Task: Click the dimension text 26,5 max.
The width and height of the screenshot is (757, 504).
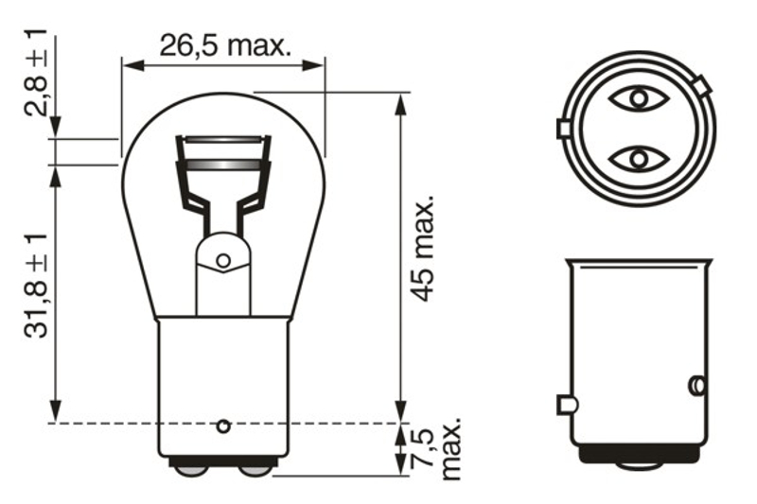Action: (x=224, y=45)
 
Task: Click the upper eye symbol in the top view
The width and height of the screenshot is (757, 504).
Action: (x=638, y=97)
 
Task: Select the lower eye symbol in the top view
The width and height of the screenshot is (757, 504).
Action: (x=638, y=158)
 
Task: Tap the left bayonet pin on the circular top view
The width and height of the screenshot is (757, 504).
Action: (x=562, y=128)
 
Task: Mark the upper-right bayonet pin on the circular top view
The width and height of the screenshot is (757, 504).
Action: (x=701, y=88)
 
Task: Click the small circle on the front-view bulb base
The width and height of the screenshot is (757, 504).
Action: (x=223, y=426)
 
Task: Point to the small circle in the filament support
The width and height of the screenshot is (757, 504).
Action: (x=223, y=260)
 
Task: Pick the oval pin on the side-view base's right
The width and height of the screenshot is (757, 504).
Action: (x=695, y=385)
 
